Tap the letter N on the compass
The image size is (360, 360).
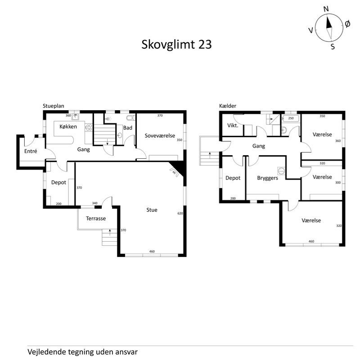pyautogui.click(x=326, y=9)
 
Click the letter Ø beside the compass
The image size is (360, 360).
pyautogui.click(x=347, y=23)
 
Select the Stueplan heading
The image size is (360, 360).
pyautogui.click(x=53, y=106)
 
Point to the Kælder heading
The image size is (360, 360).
pyautogui.click(x=228, y=106)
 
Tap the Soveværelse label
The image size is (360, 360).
pyautogui.click(x=159, y=135)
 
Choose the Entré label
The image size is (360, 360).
pyautogui.click(x=31, y=151)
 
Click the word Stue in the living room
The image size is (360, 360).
pyautogui.click(x=152, y=210)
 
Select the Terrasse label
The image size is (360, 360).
pyautogui.click(x=96, y=218)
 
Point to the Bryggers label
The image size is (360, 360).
pyautogui.click(x=267, y=178)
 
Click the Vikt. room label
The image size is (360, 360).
pyautogui.click(x=233, y=125)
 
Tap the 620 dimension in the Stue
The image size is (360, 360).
pyautogui.click(x=180, y=213)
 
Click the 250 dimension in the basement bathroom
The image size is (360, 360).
pyautogui.click(x=291, y=118)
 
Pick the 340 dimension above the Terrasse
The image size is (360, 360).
pyautogui.click(x=94, y=203)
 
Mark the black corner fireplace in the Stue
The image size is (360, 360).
pyautogui.click(x=179, y=168)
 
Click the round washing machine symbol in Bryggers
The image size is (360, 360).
pyautogui.click(x=281, y=171)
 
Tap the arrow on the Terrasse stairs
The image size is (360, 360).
pyautogui.click(x=110, y=233)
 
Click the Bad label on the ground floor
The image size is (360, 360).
pyautogui.click(x=128, y=128)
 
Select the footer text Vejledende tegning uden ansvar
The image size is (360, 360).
pyautogui.click(x=82, y=351)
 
